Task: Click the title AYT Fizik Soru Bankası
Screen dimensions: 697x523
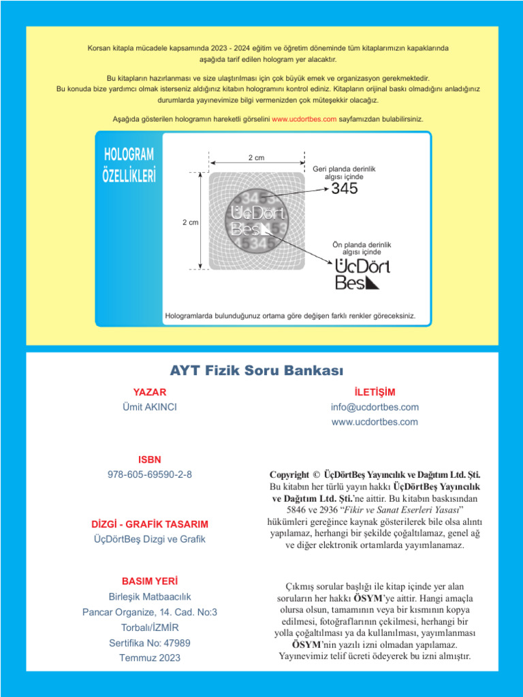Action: click(x=257, y=371)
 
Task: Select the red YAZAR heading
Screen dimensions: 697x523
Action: click(x=149, y=392)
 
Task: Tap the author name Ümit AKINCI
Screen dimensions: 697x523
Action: click(x=149, y=407)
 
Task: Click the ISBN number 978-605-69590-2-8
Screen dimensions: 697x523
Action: click(x=149, y=474)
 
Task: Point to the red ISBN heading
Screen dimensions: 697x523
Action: click(x=149, y=459)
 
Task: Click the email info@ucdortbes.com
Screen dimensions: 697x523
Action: click(x=375, y=407)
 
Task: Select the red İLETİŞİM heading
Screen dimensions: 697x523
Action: click(x=375, y=392)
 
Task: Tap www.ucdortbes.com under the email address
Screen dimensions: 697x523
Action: click(x=375, y=422)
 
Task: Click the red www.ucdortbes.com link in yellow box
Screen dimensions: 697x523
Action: click(x=304, y=118)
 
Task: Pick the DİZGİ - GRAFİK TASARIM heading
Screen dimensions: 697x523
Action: click(x=149, y=524)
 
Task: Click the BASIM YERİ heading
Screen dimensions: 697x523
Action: click(x=149, y=582)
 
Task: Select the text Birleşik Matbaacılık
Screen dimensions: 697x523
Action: click(x=149, y=597)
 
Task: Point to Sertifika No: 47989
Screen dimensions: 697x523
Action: click(x=149, y=643)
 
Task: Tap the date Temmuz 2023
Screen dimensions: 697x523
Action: click(x=149, y=658)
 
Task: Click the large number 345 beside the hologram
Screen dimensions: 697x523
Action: click(x=344, y=189)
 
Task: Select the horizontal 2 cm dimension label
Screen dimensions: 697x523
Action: click(x=256, y=158)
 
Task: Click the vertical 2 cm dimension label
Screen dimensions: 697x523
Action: click(x=190, y=223)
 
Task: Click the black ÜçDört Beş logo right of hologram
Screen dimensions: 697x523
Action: click(x=362, y=274)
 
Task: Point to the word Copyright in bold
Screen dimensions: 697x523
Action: click(x=294, y=474)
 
